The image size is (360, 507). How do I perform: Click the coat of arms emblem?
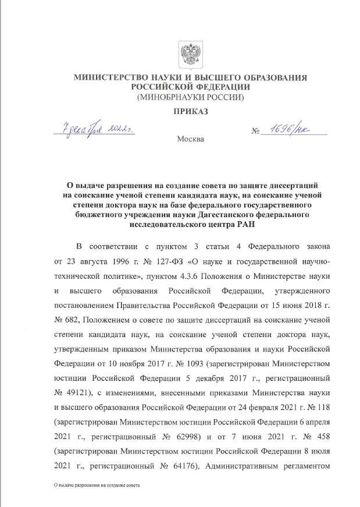[188, 55]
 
